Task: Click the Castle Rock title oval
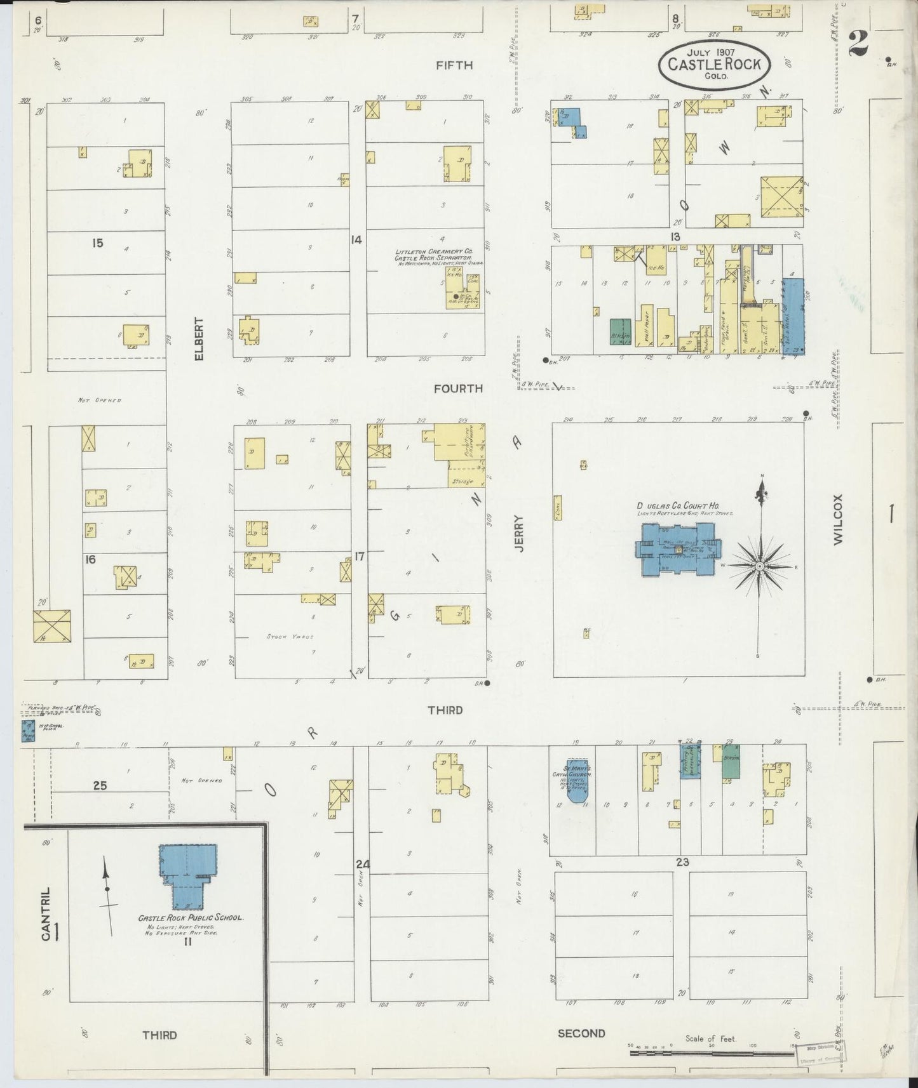click(x=714, y=65)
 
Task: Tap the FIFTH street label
click(x=454, y=65)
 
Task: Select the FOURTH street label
click(x=458, y=388)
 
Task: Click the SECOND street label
click(x=581, y=1033)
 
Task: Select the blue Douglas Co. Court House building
click(x=678, y=549)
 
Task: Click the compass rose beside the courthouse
click(x=760, y=565)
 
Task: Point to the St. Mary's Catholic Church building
click(x=577, y=780)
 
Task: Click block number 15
click(x=97, y=242)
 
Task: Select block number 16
click(x=91, y=559)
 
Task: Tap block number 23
click(x=682, y=862)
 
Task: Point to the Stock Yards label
click(x=291, y=636)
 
